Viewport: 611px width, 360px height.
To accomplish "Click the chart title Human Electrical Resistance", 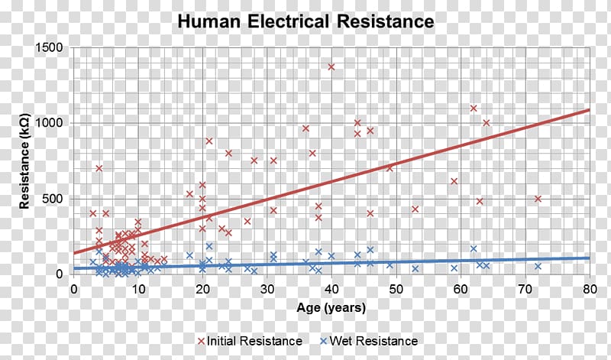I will pyautogui.click(x=305, y=21).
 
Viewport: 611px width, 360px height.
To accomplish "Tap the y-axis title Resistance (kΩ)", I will pyautogui.click(x=24, y=161).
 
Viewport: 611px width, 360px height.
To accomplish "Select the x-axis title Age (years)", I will pyautogui.click(x=331, y=308).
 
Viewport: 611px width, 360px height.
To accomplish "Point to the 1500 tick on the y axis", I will pyautogui.click(x=50, y=48).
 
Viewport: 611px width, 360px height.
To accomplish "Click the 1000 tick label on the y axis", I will pyautogui.click(x=50, y=123).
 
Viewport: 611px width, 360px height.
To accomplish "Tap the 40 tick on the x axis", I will pyautogui.click(x=331, y=290).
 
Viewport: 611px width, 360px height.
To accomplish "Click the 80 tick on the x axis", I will pyautogui.click(x=589, y=290).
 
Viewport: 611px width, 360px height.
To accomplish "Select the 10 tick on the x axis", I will pyautogui.click(x=138, y=290).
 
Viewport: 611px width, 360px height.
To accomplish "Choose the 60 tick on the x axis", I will pyautogui.click(x=461, y=290).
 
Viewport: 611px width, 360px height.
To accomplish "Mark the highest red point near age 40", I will pyautogui.click(x=331, y=66).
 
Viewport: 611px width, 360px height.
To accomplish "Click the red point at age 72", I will pyautogui.click(x=538, y=199).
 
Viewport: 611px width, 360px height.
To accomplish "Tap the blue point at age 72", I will pyautogui.click(x=538, y=266).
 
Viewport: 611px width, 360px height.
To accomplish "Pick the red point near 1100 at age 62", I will pyautogui.click(x=474, y=109).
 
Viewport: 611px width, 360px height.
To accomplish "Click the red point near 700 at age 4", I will pyautogui.click(x=99, y=168).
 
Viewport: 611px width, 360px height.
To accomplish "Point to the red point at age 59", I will pyautogui.click(x=454, y=181).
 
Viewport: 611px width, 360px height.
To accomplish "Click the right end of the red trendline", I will pyautogui.click(x=588, y=110).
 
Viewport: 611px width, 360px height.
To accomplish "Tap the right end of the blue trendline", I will pyautogui.click(x=588, y=258).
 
